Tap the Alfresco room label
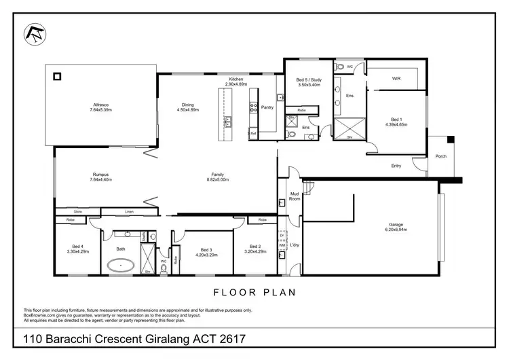click(x=101, y=105)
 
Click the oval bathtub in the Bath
click(x=124, y=265)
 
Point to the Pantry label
click(x=267, y=107)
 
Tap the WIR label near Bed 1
click(x=396, y=78)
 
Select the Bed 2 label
click(x=254, y=247)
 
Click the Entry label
click(x=396, y=165)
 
